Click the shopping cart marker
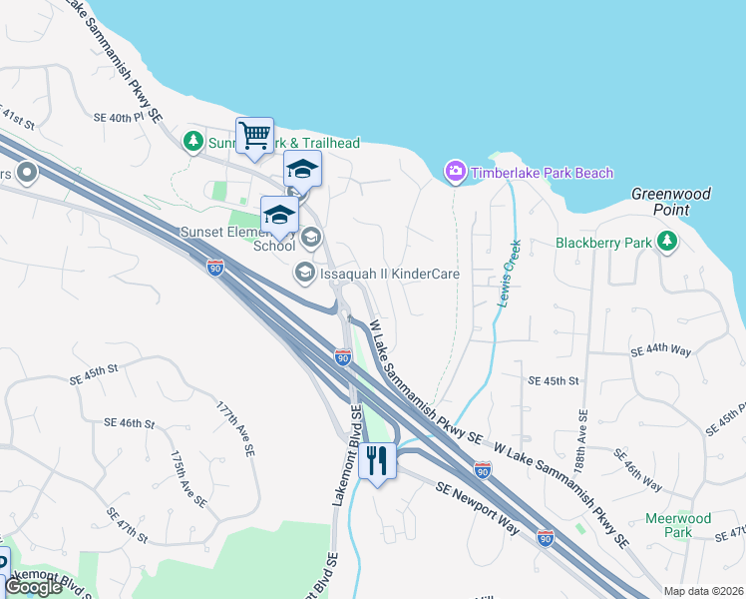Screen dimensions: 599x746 254,135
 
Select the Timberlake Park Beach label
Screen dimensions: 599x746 542,173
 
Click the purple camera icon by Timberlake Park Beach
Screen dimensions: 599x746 455,173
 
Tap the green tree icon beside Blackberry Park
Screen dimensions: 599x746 666,243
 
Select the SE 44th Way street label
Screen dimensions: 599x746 661,351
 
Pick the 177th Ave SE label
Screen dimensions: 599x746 231,428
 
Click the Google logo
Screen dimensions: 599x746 33,587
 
